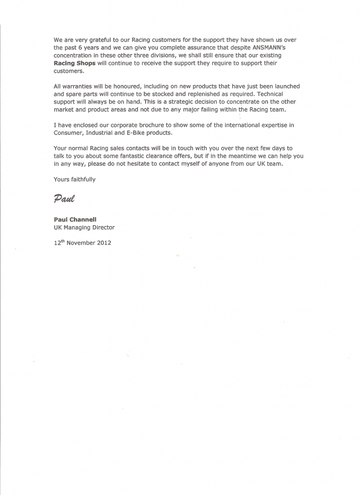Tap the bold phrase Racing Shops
75,63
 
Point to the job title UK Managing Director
84,227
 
